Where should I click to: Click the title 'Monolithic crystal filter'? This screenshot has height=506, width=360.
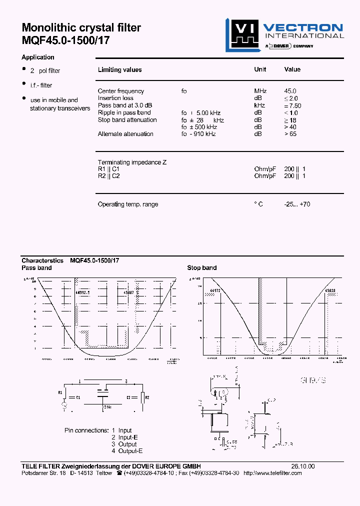click(x=81, y=28)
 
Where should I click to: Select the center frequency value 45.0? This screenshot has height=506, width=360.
click(x=290, y=91)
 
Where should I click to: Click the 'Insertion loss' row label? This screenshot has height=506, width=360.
click(x=115, y=98)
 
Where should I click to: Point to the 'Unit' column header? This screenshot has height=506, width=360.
click(x=260, y=69)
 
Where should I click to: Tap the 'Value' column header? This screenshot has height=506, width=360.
click(x=292, y=69)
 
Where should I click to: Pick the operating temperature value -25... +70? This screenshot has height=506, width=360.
click(x=297, y=204)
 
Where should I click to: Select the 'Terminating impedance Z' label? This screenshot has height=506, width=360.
click(x=132, y=162)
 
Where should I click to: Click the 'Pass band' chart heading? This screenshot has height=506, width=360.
click(x=36, y=268)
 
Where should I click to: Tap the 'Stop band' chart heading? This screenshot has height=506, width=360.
click(x=201, y=268)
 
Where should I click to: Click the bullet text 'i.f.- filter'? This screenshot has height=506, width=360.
click(x=41, y=85)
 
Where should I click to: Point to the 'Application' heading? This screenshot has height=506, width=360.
click(x=38, y=57)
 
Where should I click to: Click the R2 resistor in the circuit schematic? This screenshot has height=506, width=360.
click(x=143, y=397)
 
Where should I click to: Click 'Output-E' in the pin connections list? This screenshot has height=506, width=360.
click(x=130, y=451)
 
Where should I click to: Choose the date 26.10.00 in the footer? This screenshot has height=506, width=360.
click(x=303, y=466)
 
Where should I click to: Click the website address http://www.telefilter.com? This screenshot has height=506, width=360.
click(x=272, y=473)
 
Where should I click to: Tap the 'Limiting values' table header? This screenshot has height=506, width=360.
click(x=119, y=70)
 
